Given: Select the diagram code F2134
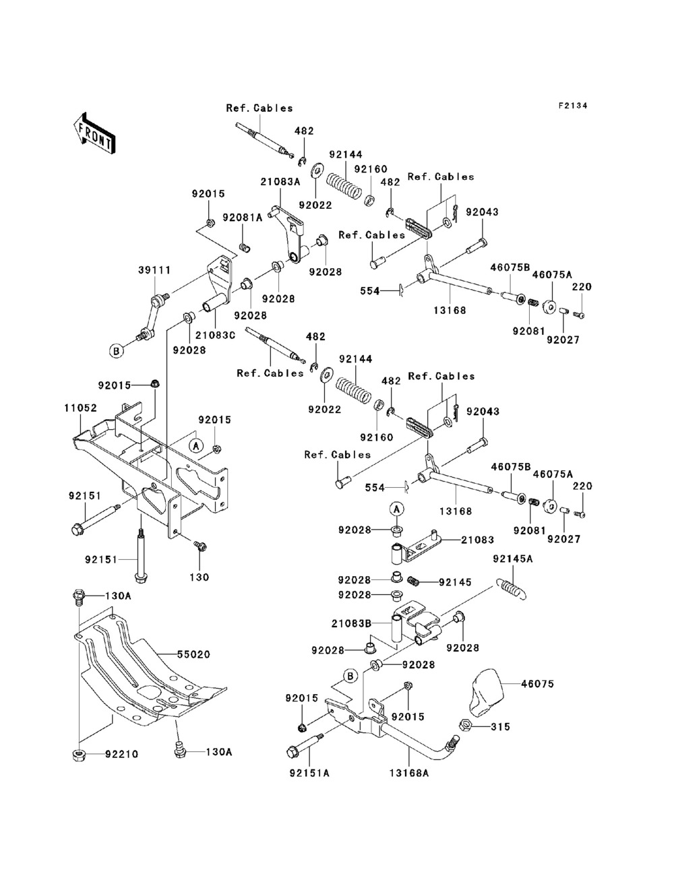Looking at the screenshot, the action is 573,106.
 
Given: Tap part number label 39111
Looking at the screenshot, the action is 154,270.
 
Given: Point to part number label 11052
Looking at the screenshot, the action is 80,408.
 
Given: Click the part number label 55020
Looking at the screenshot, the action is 193,654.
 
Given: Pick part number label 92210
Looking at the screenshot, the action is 121,755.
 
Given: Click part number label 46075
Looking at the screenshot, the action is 537,683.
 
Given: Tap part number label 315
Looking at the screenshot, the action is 500,726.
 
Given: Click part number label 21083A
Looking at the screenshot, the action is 280,182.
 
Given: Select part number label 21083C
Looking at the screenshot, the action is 215,335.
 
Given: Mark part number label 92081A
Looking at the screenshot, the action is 243,218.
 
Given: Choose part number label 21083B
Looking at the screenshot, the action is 351,624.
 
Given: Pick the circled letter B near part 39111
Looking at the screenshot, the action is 116,351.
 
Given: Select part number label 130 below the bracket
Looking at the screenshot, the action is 200,577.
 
